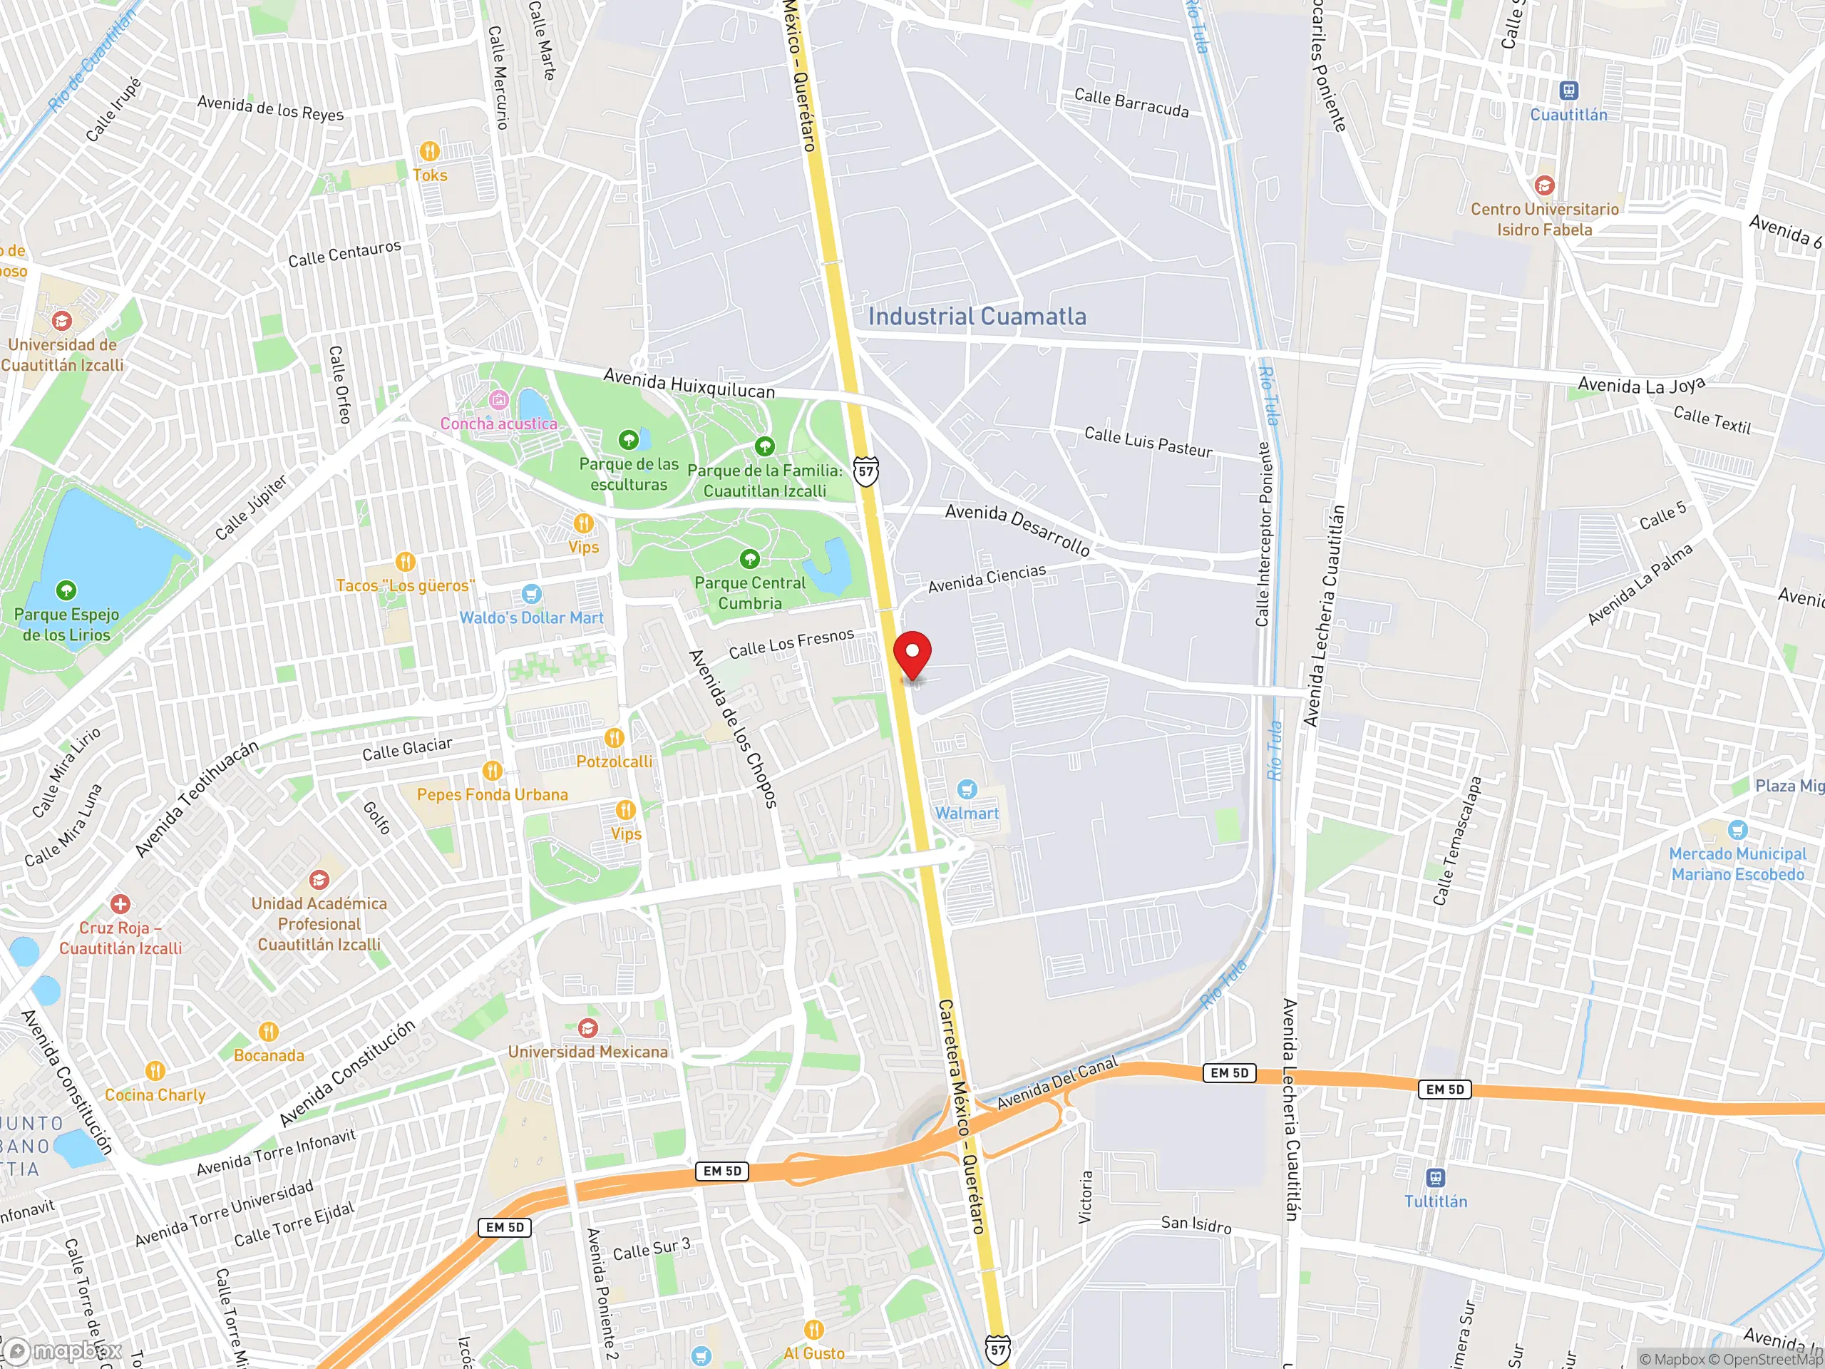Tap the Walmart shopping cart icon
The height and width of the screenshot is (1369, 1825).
[x=967, y=789]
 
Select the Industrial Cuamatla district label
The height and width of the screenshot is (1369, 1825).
[x=977, y=316]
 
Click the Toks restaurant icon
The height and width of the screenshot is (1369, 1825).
[x=429, y=151]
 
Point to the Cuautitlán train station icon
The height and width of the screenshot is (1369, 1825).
[x=1568, y=91]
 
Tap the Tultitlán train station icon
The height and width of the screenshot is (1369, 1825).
[x=1436, y=1178]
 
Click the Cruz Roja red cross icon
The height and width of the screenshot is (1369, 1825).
[x=120, y=903]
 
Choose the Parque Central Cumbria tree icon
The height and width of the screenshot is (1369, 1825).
[x=749, y=559]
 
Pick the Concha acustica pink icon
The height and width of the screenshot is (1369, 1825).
[x=498, y=400]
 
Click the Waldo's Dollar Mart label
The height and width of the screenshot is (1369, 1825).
[x=531, y=617]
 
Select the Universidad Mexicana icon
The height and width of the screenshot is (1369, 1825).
[x=587, y=1028]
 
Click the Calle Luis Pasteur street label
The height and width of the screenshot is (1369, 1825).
[x=1148, y=442]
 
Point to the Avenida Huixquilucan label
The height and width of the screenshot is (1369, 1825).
[x=689, y=384]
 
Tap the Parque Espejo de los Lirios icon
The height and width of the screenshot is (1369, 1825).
[x=66, y=590]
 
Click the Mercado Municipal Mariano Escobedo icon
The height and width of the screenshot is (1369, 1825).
[x=1737, y=829]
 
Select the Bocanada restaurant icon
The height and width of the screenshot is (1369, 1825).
[x=268, y=1032]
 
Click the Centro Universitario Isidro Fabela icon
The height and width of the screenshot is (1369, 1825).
[x=1545, y=185]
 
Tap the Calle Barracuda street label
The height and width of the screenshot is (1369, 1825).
[x=1131, y=103]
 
